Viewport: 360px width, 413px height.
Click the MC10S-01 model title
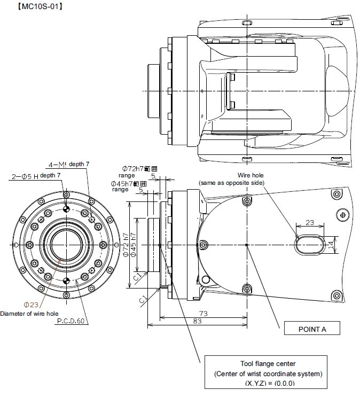click(34, 6)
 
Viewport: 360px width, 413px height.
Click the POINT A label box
click(311, 329)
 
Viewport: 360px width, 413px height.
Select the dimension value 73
click(204, 313)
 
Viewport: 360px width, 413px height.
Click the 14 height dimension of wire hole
click(331, 245)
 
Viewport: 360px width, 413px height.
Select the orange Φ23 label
click(30, 305)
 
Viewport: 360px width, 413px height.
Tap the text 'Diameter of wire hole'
click(29, 313)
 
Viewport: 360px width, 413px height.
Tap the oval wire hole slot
click(309, 244)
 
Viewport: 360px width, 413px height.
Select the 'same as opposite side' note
click(231, 183)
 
